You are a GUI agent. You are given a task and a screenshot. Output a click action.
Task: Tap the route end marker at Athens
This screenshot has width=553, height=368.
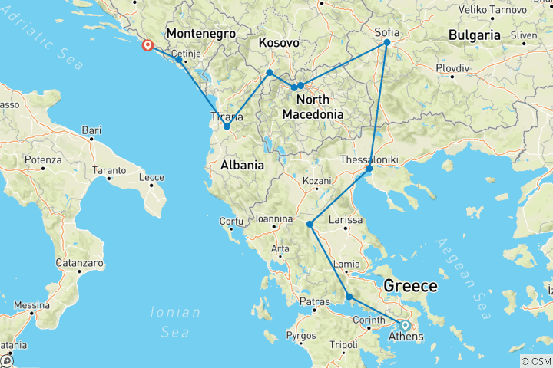click(x=405, y=324)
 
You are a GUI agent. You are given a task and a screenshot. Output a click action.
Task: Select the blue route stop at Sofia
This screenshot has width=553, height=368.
click(x=387, y=43)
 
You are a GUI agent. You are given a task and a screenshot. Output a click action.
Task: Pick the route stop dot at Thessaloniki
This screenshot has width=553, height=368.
click(x=369, y=168)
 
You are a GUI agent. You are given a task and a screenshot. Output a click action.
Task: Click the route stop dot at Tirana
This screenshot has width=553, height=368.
click(x=227, y=127)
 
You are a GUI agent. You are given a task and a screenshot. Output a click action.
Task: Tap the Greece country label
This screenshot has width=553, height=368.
click(x=411, y=286)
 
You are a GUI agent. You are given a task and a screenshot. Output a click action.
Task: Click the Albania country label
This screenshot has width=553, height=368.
click(x=242, y=165)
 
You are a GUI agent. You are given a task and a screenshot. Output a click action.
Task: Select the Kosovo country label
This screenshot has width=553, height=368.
click(x=279, y=42)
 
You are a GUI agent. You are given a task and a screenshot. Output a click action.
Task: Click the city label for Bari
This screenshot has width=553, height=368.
click(x=91, y=131)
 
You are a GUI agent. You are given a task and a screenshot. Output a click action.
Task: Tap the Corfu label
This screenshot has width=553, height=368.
click(x=231, y=222)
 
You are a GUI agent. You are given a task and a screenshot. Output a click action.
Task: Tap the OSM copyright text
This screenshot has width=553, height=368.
click(x=535, y=361)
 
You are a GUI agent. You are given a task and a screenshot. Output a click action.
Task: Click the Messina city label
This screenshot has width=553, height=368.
click(x=31, y=304)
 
